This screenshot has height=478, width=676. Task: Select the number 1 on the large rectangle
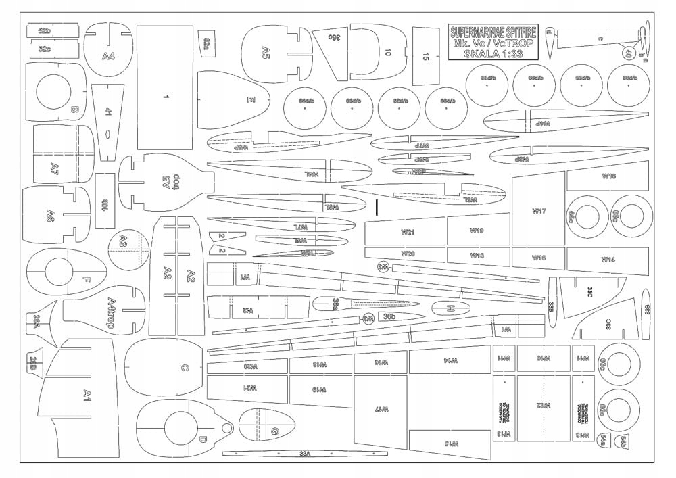pos(166,97)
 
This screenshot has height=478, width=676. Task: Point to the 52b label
pos(45,31)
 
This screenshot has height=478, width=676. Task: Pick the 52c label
pos(45,49)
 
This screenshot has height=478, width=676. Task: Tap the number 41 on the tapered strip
pos(108,111)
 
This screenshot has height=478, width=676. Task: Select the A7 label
pos(55,166)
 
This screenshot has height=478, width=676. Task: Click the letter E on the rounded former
pos(251,101)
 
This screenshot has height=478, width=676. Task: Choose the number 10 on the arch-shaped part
pos(387,52)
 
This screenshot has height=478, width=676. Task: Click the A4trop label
pos(119,312)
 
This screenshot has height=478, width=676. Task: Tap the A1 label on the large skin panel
pos(87,395)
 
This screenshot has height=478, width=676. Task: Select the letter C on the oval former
pos(184,368)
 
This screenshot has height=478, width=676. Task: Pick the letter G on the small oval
pos(274,431)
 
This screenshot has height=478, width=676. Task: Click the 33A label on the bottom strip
pos(305,453)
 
